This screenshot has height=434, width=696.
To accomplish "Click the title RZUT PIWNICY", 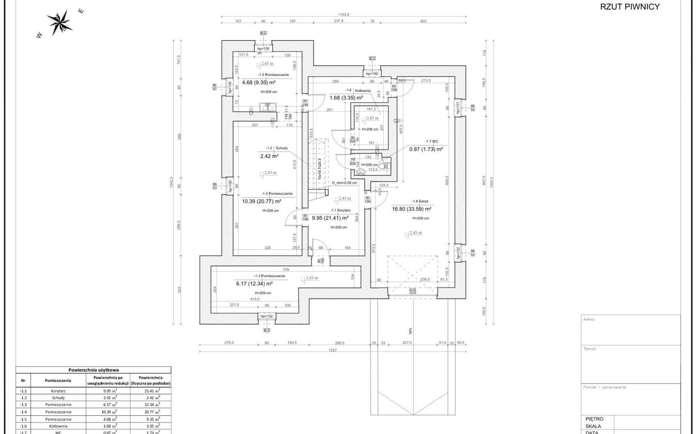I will (630, 7).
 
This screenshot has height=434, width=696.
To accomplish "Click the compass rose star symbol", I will (61, 22).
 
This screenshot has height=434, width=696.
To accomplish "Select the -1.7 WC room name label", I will (431, 141).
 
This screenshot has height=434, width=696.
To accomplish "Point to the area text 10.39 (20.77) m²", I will (261, 201).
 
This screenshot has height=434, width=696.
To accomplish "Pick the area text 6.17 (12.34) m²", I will (254, 284).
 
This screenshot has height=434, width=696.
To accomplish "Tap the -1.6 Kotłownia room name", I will (358, 90).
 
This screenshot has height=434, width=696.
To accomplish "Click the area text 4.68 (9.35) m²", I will (258, 82).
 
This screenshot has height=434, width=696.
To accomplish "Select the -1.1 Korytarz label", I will (340, 210).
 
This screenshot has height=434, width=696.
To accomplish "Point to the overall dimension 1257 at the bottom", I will (333, 350).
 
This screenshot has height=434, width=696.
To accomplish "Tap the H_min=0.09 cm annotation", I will (344, 183).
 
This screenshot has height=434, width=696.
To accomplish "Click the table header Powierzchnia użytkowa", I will (94, 370).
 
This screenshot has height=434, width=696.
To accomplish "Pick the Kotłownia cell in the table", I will (58, 426).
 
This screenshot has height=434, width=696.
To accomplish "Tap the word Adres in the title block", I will (589, 319).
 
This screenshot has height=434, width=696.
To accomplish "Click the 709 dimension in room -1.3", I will (286, 270).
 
